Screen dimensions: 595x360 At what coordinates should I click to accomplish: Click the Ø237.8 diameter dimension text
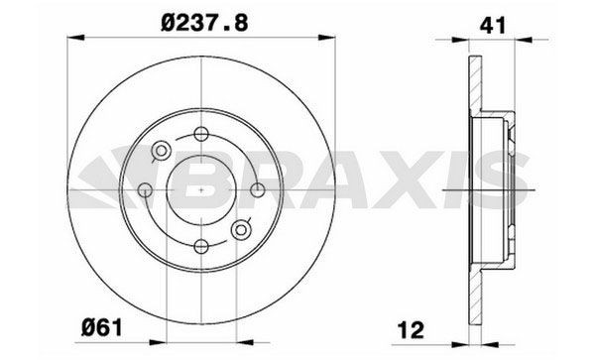tap(204, 23)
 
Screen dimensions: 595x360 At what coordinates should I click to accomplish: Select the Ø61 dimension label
tap(102, 327)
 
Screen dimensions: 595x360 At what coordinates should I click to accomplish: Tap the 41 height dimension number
tap(493, 26)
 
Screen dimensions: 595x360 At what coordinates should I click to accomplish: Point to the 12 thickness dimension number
tap(411, 329)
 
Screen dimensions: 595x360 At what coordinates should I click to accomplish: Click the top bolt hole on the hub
tap(201, 134)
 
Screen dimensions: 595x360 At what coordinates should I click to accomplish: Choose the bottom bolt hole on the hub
tap(201, 246)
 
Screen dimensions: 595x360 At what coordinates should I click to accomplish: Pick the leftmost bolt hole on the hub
tap(145, 189)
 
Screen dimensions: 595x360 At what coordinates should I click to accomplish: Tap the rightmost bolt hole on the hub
tap(258, 189)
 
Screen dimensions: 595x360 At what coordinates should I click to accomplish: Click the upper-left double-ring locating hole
tap(162, 151)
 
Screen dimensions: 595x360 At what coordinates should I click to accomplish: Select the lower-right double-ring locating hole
tap(241, 229)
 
